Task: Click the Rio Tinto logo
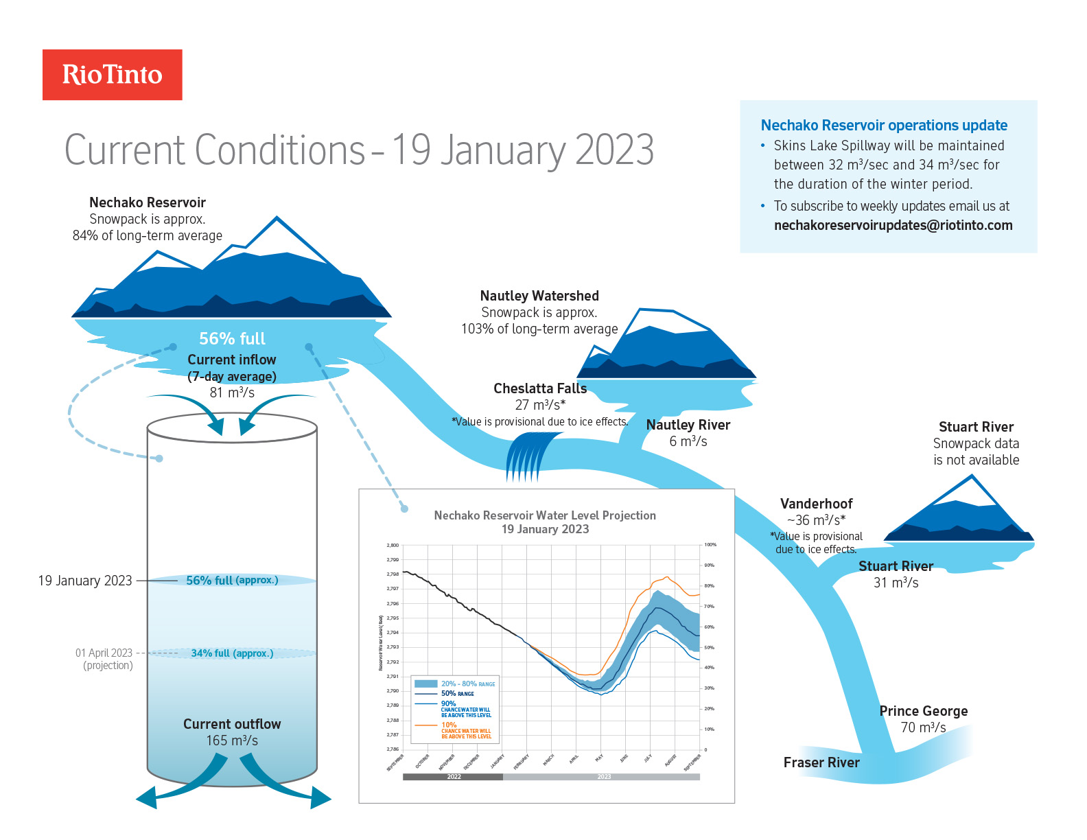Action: click(x=112, y=75)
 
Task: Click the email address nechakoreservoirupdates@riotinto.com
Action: click(x=893, y=225)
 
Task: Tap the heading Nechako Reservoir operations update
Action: click(x=884, y=126)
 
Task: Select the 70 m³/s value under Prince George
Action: click(x=923, y=727)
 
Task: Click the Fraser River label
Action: click(x=821, y=762)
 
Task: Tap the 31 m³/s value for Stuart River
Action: click(x=896, y=583)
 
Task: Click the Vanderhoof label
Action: click(x=816, y=504)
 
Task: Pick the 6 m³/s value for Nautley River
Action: click(x=688, y=441)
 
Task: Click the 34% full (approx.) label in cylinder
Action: click(x=232, y=653)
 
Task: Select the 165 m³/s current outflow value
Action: click(x=232, y=740)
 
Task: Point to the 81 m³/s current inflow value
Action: click(x=232, y=393)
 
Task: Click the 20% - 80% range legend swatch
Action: click(x=426, y=684)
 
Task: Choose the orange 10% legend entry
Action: click(x=449, y=725)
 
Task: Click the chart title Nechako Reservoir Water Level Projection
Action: click(x=545, y=515)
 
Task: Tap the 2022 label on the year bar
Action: click(x=454, y=777)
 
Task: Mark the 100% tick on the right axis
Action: click(x=710, y=545)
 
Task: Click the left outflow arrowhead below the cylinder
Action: click(x=147, y=798)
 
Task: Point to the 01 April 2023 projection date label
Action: click(x=104, y=653)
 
